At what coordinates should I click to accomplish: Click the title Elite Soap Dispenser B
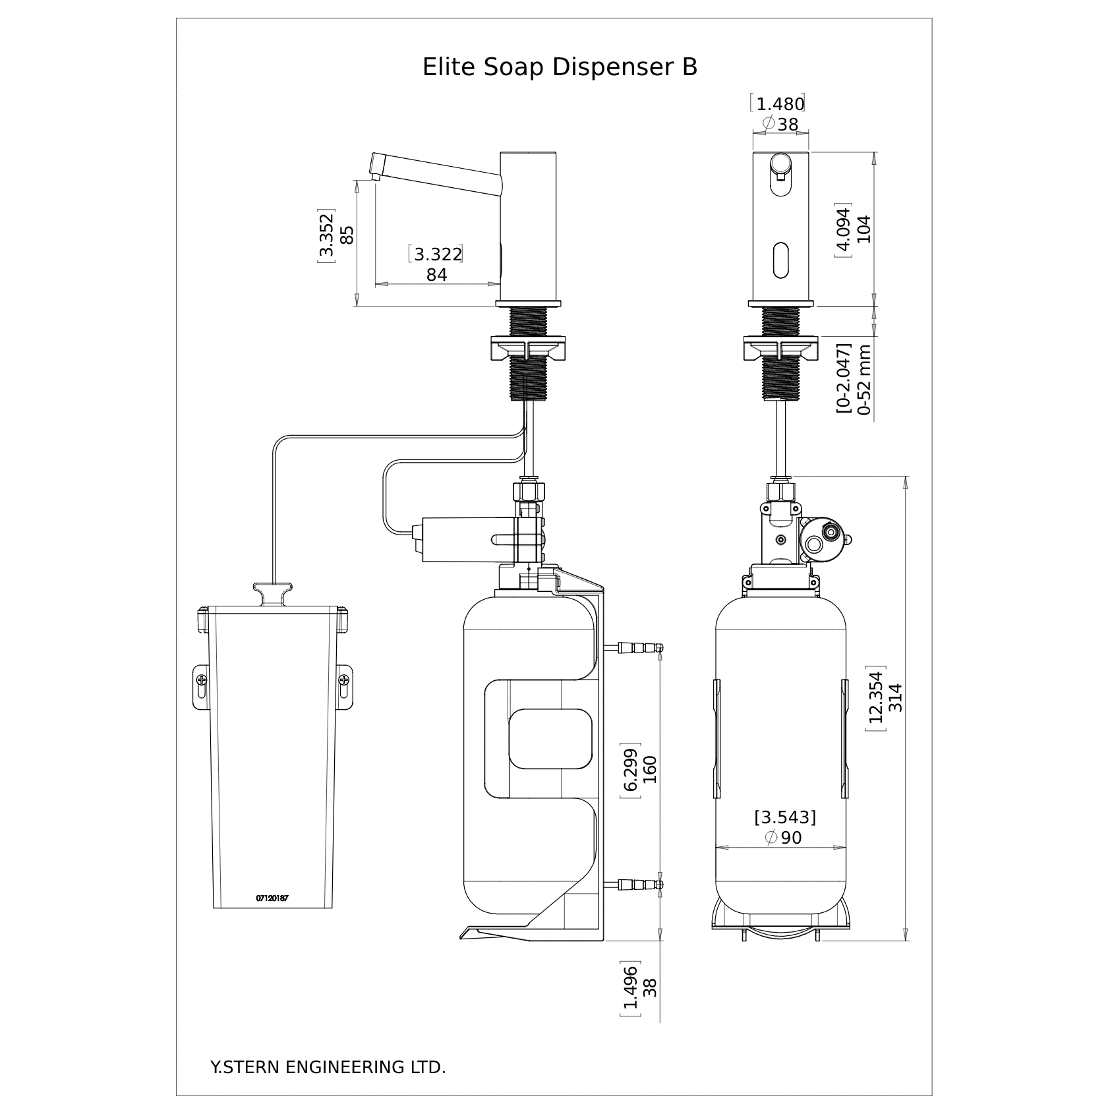(x=560, y=67)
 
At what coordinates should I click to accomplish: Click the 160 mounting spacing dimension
(x=650, y=770)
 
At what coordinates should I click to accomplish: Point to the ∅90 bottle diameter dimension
(x=784, y=838)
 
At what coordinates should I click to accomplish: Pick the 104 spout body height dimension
(x=863, y=229)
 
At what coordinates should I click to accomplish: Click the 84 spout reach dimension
(x=436, y=275)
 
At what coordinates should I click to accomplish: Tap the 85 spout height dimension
(x=347, y=235)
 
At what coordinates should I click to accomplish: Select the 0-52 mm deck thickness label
(x=865, y=380)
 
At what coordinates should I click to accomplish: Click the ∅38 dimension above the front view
(x=780, y=124)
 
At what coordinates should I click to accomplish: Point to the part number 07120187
(x=272, y=898)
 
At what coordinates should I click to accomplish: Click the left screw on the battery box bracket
(x=202, y=680)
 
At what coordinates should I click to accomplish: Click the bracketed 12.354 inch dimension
(x=875, y=697)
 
